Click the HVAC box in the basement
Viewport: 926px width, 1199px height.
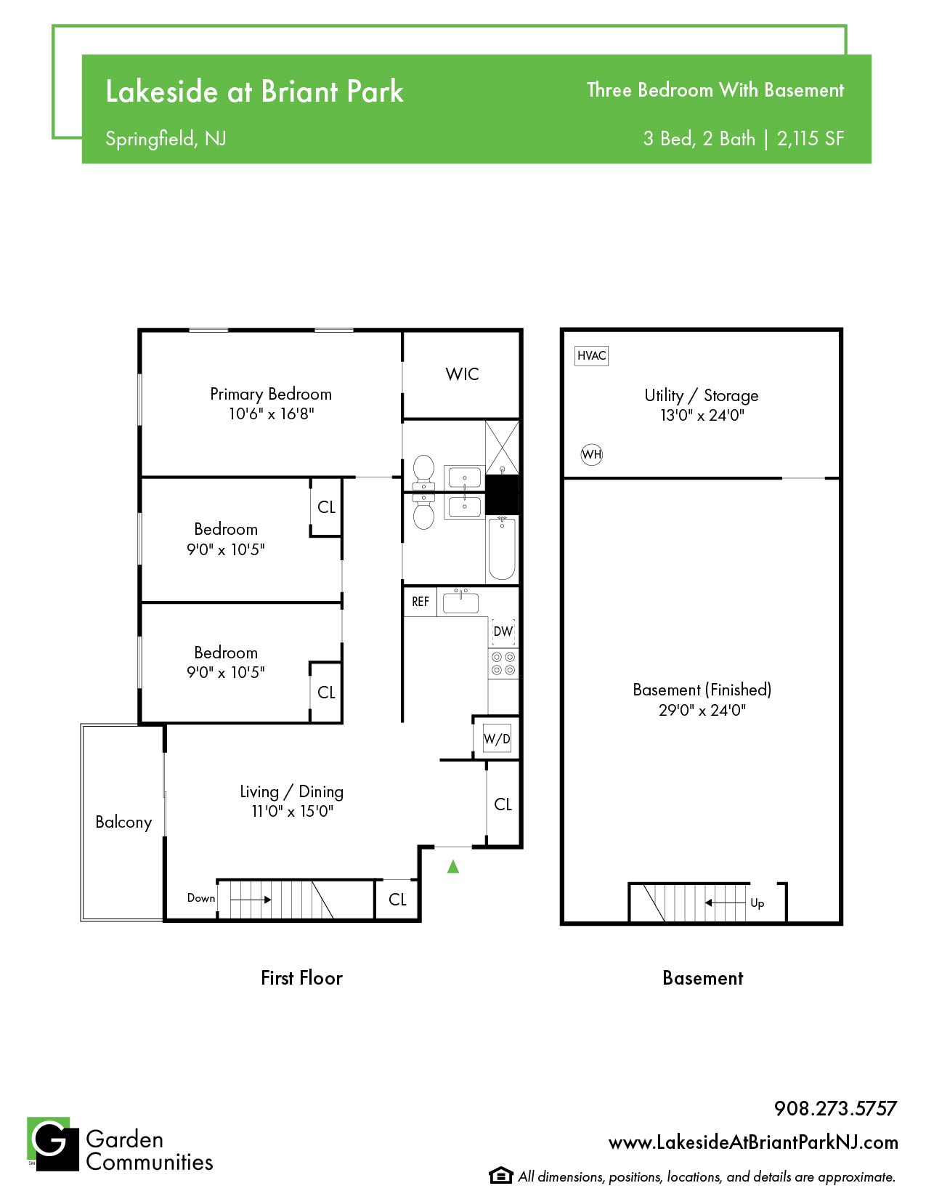[591, 355]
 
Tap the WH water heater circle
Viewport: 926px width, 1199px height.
[592, 455]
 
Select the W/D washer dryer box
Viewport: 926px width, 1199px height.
[497, 739]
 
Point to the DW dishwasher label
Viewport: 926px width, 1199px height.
[503, 631]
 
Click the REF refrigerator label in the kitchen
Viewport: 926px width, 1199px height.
[421, 602]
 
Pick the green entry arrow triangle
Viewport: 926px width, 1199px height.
[453, 867]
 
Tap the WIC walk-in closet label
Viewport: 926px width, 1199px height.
[462, 374]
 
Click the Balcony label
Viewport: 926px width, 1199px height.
[123, 822]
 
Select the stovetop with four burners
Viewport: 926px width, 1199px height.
[503, 663]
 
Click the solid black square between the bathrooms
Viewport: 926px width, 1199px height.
[502, 494]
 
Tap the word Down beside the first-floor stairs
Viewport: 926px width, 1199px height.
[201, 898]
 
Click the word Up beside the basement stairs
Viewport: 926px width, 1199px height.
[758, 903]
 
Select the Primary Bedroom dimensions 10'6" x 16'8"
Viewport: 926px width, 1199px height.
[272, 413]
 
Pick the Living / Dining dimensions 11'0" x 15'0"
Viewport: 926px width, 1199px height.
[292, 811]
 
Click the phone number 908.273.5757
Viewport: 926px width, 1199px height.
[835, 1108]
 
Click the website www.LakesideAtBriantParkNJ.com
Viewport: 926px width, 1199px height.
[753, 1142]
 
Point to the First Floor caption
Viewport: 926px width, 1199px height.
[301, 978]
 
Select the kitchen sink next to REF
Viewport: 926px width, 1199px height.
[460, 602]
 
